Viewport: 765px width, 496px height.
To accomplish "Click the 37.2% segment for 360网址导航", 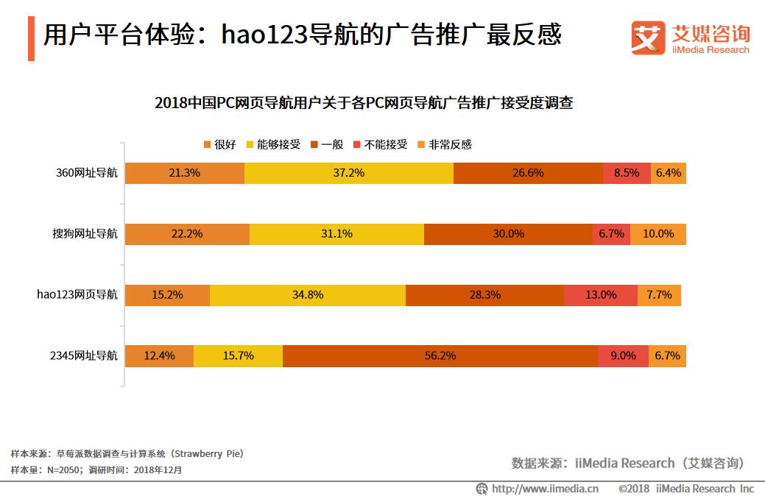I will [348, 174].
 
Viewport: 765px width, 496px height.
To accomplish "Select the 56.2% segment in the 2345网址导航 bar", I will [440, 355].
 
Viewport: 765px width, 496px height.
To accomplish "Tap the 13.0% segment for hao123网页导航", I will [600, 294].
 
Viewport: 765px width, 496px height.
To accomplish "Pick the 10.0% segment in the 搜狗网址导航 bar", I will [658, 234].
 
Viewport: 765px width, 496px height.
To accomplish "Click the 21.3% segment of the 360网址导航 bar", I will [184, 174].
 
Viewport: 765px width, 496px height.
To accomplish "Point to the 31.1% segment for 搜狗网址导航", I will [336, 234].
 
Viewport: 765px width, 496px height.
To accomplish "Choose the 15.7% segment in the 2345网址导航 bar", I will [238, 355].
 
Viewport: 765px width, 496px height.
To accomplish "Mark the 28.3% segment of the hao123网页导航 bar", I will [484, 294].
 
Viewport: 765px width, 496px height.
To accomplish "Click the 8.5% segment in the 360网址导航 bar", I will [626, 174].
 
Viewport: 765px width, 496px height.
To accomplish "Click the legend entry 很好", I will [219, 144].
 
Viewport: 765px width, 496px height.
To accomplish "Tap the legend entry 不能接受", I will [380, 144].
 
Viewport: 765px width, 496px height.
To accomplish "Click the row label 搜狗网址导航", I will [80, 234].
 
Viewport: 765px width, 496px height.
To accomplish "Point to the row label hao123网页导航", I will [77, 294].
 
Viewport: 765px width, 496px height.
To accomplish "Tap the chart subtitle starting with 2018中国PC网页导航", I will [364, 103].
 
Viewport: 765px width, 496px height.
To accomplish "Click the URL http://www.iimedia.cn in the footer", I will [544, 488].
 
